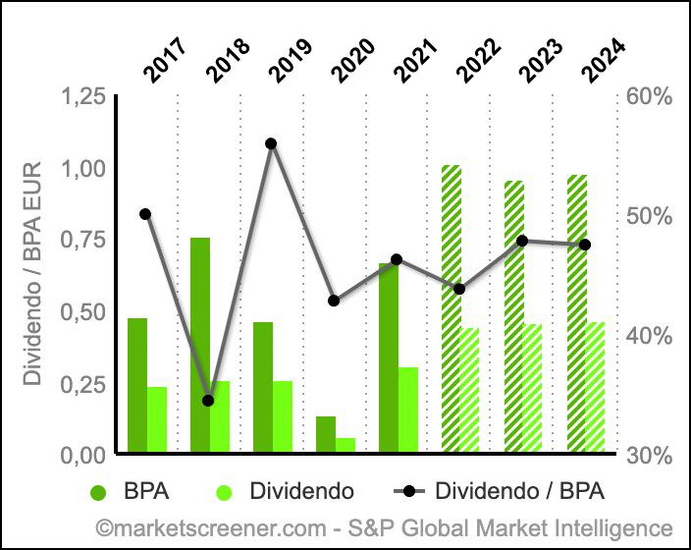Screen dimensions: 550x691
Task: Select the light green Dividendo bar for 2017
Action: point(157,419)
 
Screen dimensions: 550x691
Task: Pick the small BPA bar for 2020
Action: point(325,434)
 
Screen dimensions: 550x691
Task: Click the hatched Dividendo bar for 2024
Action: point(596,387)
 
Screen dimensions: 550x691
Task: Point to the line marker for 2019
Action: point(271,143)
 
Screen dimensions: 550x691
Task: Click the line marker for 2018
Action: point(208,401)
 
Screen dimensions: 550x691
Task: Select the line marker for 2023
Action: point(522,241)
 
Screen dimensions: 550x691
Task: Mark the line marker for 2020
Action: point(334,301)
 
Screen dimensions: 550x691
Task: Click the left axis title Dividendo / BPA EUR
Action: point(32,275)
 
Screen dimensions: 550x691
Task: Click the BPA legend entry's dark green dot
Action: point(99,490)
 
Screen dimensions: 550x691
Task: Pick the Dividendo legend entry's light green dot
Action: point(223,490)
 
